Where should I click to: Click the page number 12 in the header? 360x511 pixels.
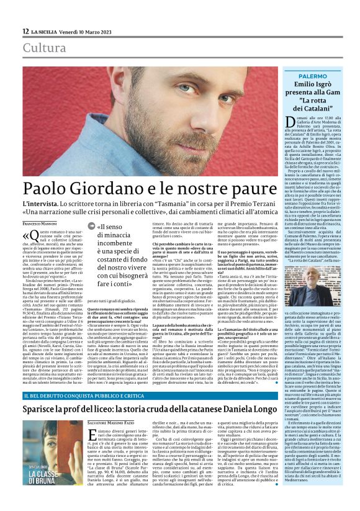tap(25, 31)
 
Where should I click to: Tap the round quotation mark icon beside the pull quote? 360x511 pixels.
tap(91, 227)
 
